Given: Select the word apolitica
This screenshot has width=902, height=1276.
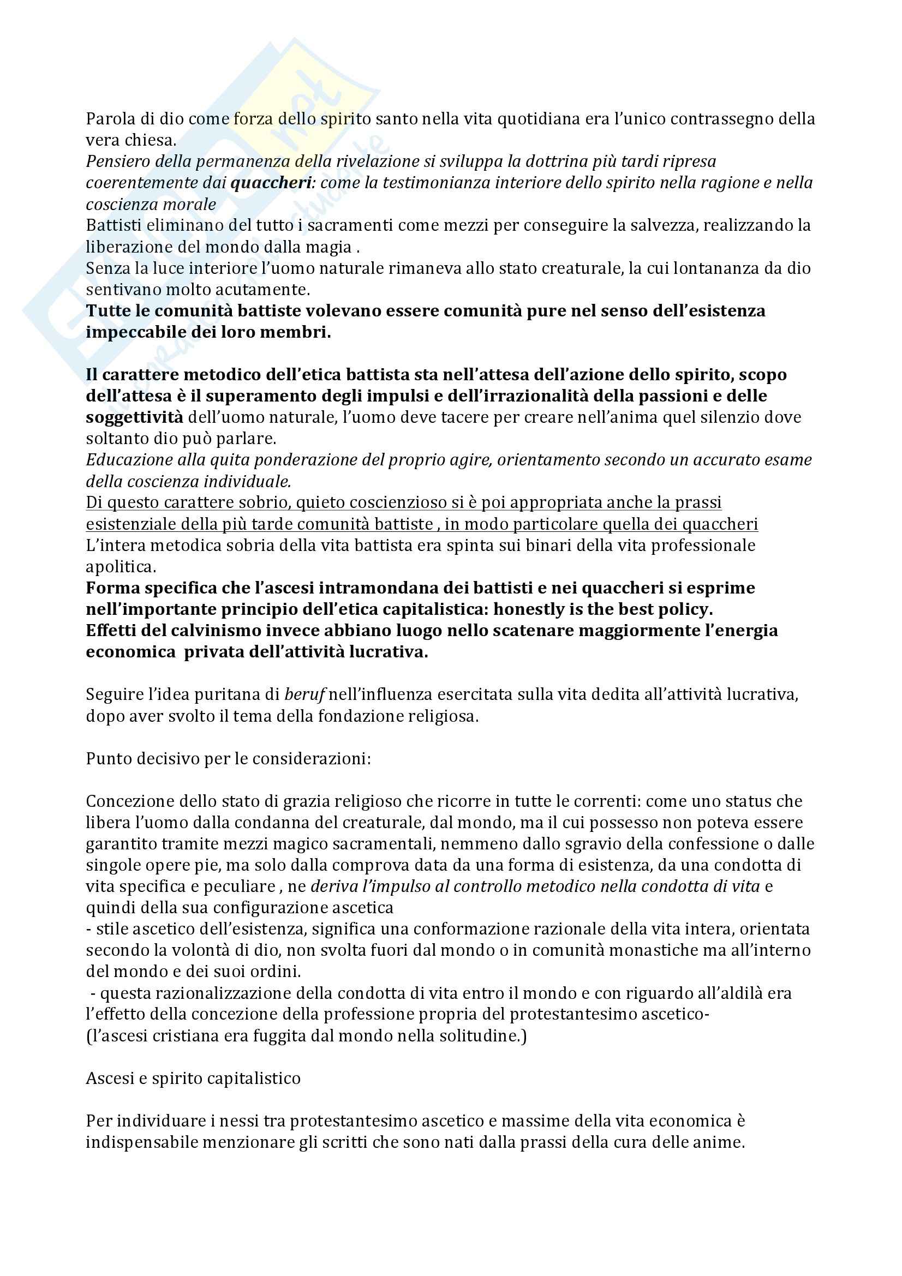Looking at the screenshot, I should [x=121, y=567].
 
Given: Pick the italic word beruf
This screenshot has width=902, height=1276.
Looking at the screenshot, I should [x=303, y=694].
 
